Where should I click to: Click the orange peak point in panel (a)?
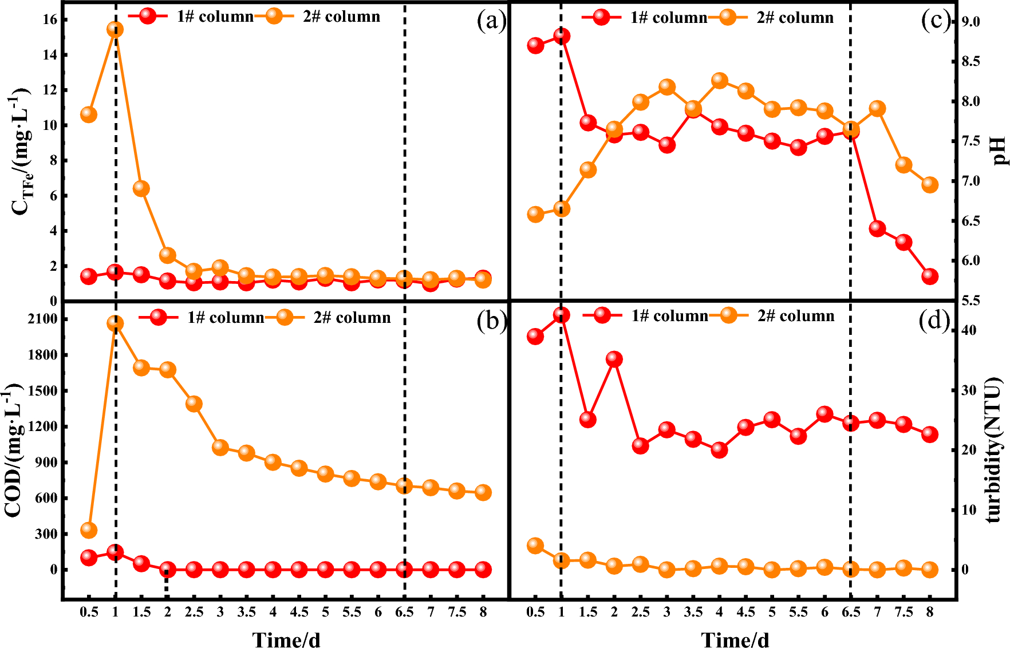115,29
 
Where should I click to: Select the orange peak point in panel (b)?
115,323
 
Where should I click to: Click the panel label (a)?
491,22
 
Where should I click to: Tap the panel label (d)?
934,321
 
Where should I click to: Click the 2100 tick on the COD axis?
42,319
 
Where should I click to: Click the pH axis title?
999,151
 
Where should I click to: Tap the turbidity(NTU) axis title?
995,449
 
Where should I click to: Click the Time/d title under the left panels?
286,639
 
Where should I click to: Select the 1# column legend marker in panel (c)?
601,17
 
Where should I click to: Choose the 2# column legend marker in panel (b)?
285,317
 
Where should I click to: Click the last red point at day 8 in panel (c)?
930,276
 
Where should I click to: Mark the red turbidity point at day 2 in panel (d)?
614,359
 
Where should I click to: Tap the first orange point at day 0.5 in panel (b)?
89,530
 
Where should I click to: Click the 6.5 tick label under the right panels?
851,612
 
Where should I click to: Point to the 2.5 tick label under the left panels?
194,612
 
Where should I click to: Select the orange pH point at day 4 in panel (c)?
720,81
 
